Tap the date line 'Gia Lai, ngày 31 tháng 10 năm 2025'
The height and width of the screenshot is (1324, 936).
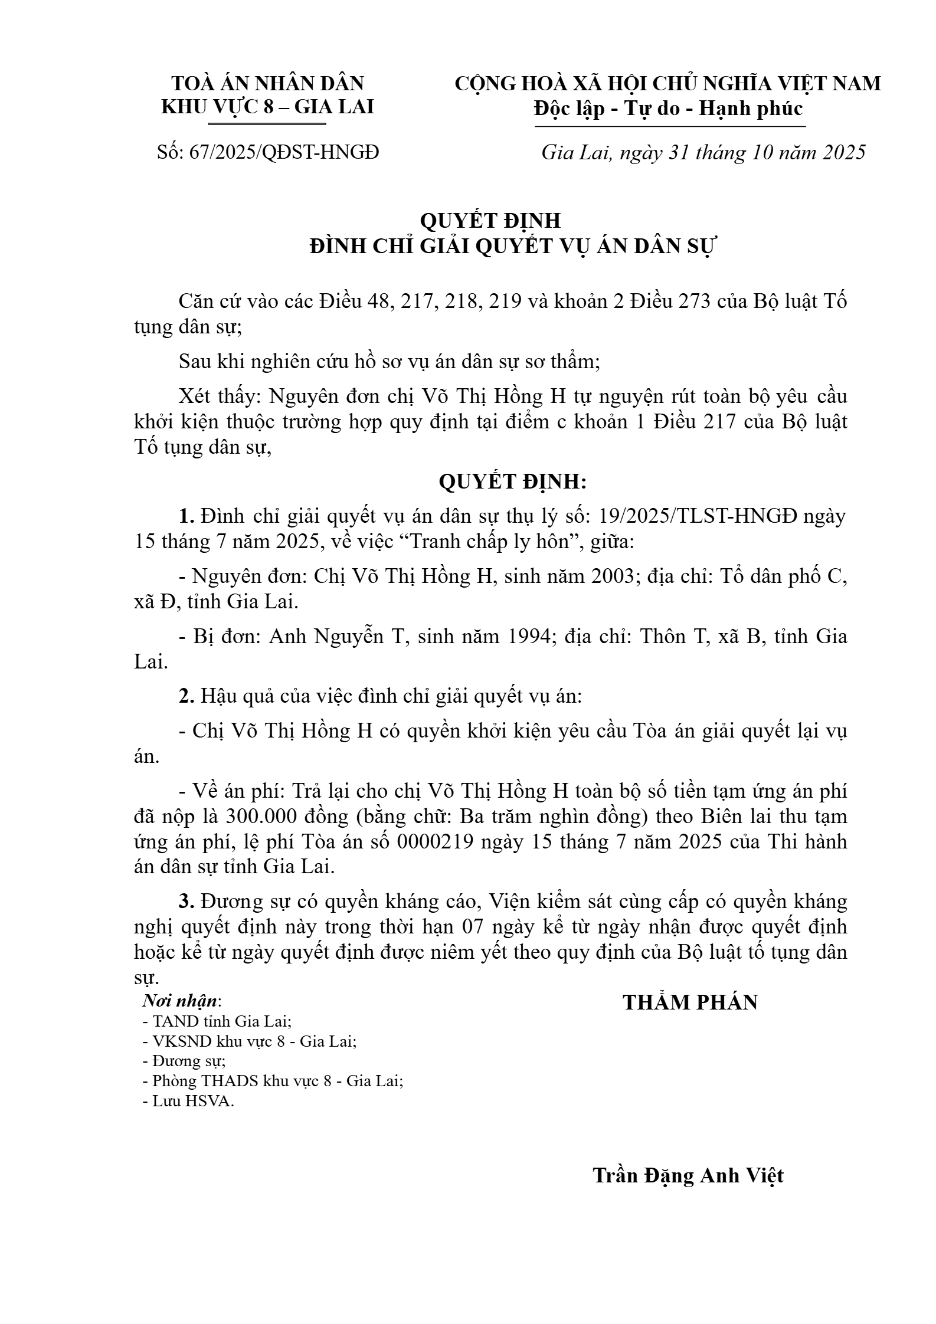pyautogui.click(x=703, y=153)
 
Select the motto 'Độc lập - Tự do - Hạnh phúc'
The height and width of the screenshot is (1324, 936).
pyautogui.click(x=668, y=109)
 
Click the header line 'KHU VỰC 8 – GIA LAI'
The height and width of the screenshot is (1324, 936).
pyautogui.click(x=267, y=107)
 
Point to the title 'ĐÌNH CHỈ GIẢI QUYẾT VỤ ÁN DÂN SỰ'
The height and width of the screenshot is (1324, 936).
pyautogui.click(x=512, y=247)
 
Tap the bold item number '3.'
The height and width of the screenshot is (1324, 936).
pyautogui.click(x=186, y=902)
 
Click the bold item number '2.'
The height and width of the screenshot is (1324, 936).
pyautogui.click(x=186, y=697)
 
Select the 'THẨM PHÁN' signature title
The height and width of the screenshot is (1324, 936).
pyautogui.click(x=690, y=1003)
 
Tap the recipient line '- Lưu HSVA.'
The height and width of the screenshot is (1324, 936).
pyautogui.click(x=188, y=1102)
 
